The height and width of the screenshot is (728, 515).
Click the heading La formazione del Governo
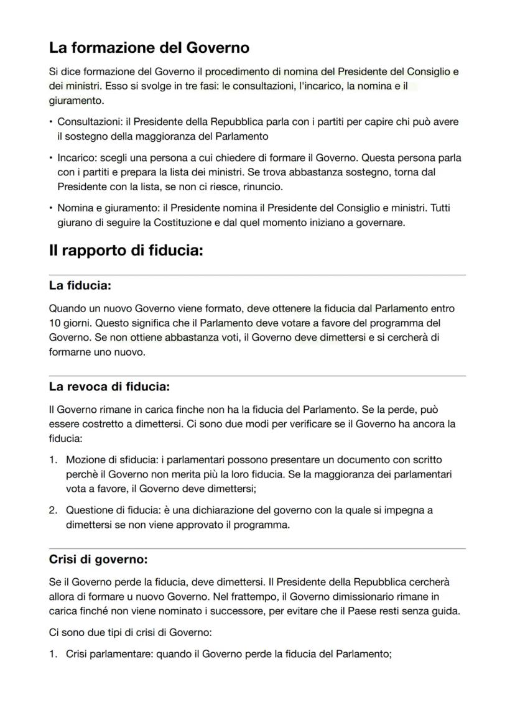[x=149, y=47]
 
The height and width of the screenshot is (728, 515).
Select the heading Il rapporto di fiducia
[x=126, y=251]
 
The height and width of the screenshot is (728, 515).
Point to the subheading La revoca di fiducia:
[x=109, y=387]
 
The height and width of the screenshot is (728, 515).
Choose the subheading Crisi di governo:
[x=98, y=559]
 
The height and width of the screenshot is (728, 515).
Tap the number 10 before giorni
[x=55, y=323]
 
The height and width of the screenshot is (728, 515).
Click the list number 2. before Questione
[x=53, y=510]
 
